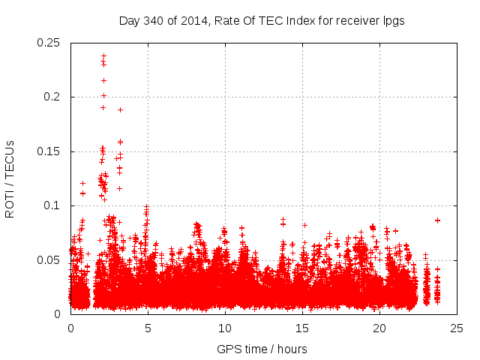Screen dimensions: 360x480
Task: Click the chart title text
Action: [x=262, y=21]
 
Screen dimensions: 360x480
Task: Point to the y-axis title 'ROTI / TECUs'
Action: [x=10, y=178]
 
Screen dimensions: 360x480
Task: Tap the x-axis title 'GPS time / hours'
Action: [x=262, y=349]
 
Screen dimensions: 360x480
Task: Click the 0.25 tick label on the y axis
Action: [x=49, y=43]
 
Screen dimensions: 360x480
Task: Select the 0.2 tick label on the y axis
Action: [x=52, y=97]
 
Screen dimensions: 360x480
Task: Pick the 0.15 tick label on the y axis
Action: [x=49, y=151]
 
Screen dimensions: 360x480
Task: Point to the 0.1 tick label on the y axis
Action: [x=52, y=205]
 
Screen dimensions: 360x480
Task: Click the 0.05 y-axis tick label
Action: [x=49, y=260]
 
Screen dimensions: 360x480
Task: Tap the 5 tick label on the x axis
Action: [x=148, y=328]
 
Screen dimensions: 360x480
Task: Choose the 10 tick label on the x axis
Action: [x=225, y=328]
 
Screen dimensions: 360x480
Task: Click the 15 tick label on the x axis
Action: [x=302, y=328]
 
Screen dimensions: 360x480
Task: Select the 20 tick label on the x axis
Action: [x=379, y=328]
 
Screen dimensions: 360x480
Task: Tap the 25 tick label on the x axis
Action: [x=457, y=328]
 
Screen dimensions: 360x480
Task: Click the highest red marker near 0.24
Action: [x=103, y=56]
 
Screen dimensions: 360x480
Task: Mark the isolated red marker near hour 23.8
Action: [x=437, y=220]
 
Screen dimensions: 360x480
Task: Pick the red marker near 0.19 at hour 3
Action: [x=120, y=110]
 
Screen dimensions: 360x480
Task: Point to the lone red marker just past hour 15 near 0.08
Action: [x=304, y=225]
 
